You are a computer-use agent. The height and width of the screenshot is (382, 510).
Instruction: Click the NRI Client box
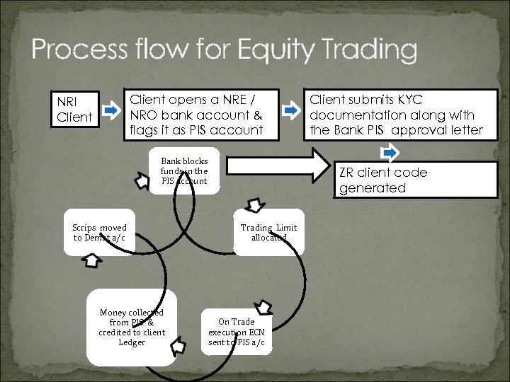75,109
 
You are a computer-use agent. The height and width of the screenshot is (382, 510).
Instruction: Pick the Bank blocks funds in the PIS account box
184,171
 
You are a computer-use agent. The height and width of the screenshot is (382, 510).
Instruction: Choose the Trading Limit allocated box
268,233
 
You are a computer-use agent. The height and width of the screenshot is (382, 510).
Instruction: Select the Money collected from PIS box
132,328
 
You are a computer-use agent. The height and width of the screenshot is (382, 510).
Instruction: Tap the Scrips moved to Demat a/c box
99,233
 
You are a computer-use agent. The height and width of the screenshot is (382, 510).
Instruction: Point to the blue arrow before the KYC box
291,110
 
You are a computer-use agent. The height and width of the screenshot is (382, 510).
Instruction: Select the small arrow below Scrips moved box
92,260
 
